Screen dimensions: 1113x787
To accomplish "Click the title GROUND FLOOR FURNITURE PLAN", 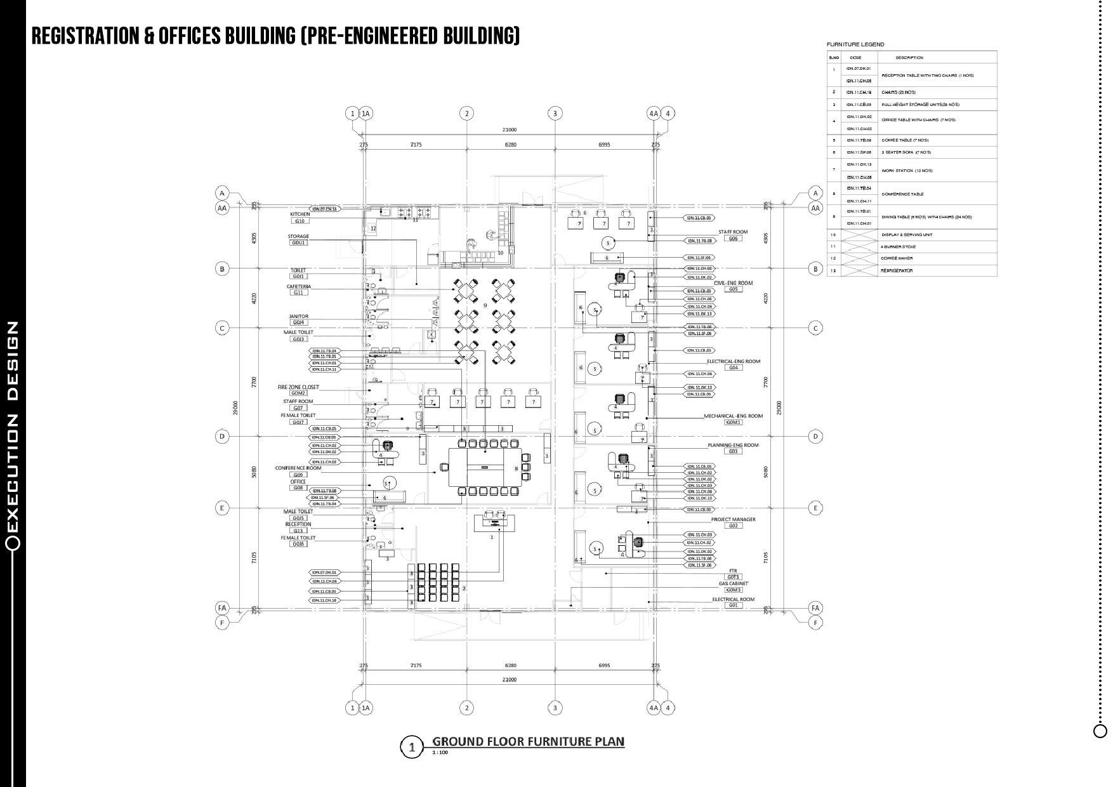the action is [528, 741].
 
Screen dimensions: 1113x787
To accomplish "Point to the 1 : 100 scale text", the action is [440, 753].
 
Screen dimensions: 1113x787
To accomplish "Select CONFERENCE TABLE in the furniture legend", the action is [902, 194].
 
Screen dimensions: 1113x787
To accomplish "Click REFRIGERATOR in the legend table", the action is [897, 271].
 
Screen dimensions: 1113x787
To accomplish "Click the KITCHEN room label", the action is [300, 215].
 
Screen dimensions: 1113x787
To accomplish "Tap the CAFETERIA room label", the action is [298, 286].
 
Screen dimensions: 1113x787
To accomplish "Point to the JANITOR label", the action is [298, 316].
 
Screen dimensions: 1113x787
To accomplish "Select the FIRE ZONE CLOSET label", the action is [298, 387].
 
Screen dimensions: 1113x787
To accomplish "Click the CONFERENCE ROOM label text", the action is [298, 468].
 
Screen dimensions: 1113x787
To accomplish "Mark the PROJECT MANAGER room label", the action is [733, 519].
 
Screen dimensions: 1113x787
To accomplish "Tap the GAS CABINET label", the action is [733, 583].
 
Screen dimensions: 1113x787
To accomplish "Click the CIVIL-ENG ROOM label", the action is [733, 283].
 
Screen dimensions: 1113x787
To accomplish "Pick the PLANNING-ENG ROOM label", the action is [733, 445].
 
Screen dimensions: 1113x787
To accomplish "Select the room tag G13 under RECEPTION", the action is [298, 531].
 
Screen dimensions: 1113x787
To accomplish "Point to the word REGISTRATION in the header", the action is [86, 36].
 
